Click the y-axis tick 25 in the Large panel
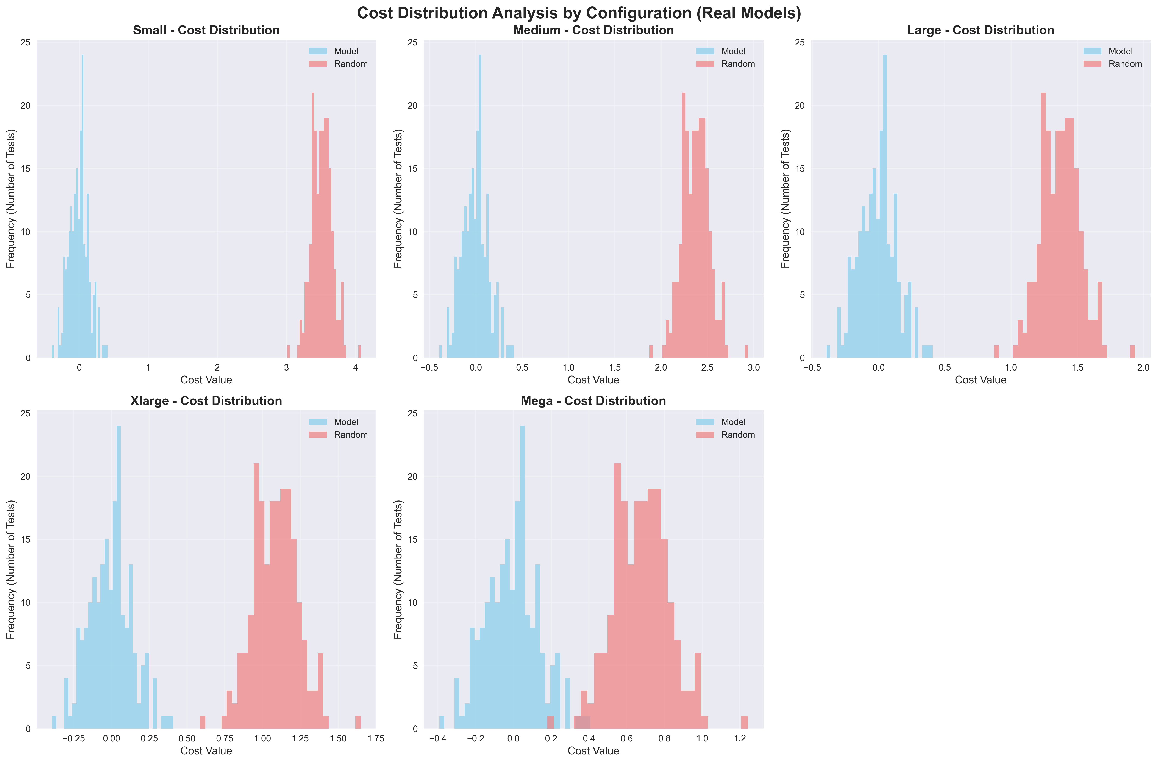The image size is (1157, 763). (799, 43)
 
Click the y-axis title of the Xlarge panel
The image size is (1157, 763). (11, 569)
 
